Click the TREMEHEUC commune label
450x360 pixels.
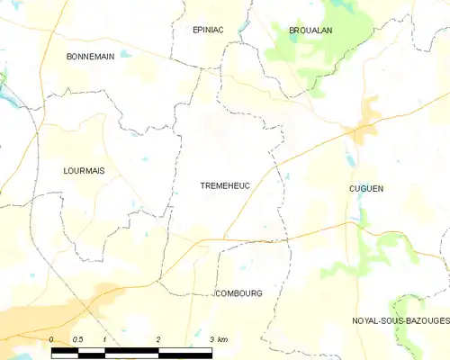click(x=225, y=185)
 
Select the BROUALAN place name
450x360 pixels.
click(x=310, y=30)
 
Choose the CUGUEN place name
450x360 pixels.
click(x=366, y=188)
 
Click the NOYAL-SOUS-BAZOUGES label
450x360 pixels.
click(x=400, y=320)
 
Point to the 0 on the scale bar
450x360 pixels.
click(x=52, y=339)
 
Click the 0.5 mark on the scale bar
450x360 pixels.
click(x=77, y=339)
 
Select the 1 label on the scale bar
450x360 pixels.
click(x=105, y=339)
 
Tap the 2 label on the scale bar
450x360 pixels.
click(x=158, y=339)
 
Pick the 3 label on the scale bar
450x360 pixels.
click(x=212, y=339)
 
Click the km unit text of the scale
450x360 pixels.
click(x=222, y=339)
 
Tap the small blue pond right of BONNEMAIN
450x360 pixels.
click(x=125, y=55)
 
